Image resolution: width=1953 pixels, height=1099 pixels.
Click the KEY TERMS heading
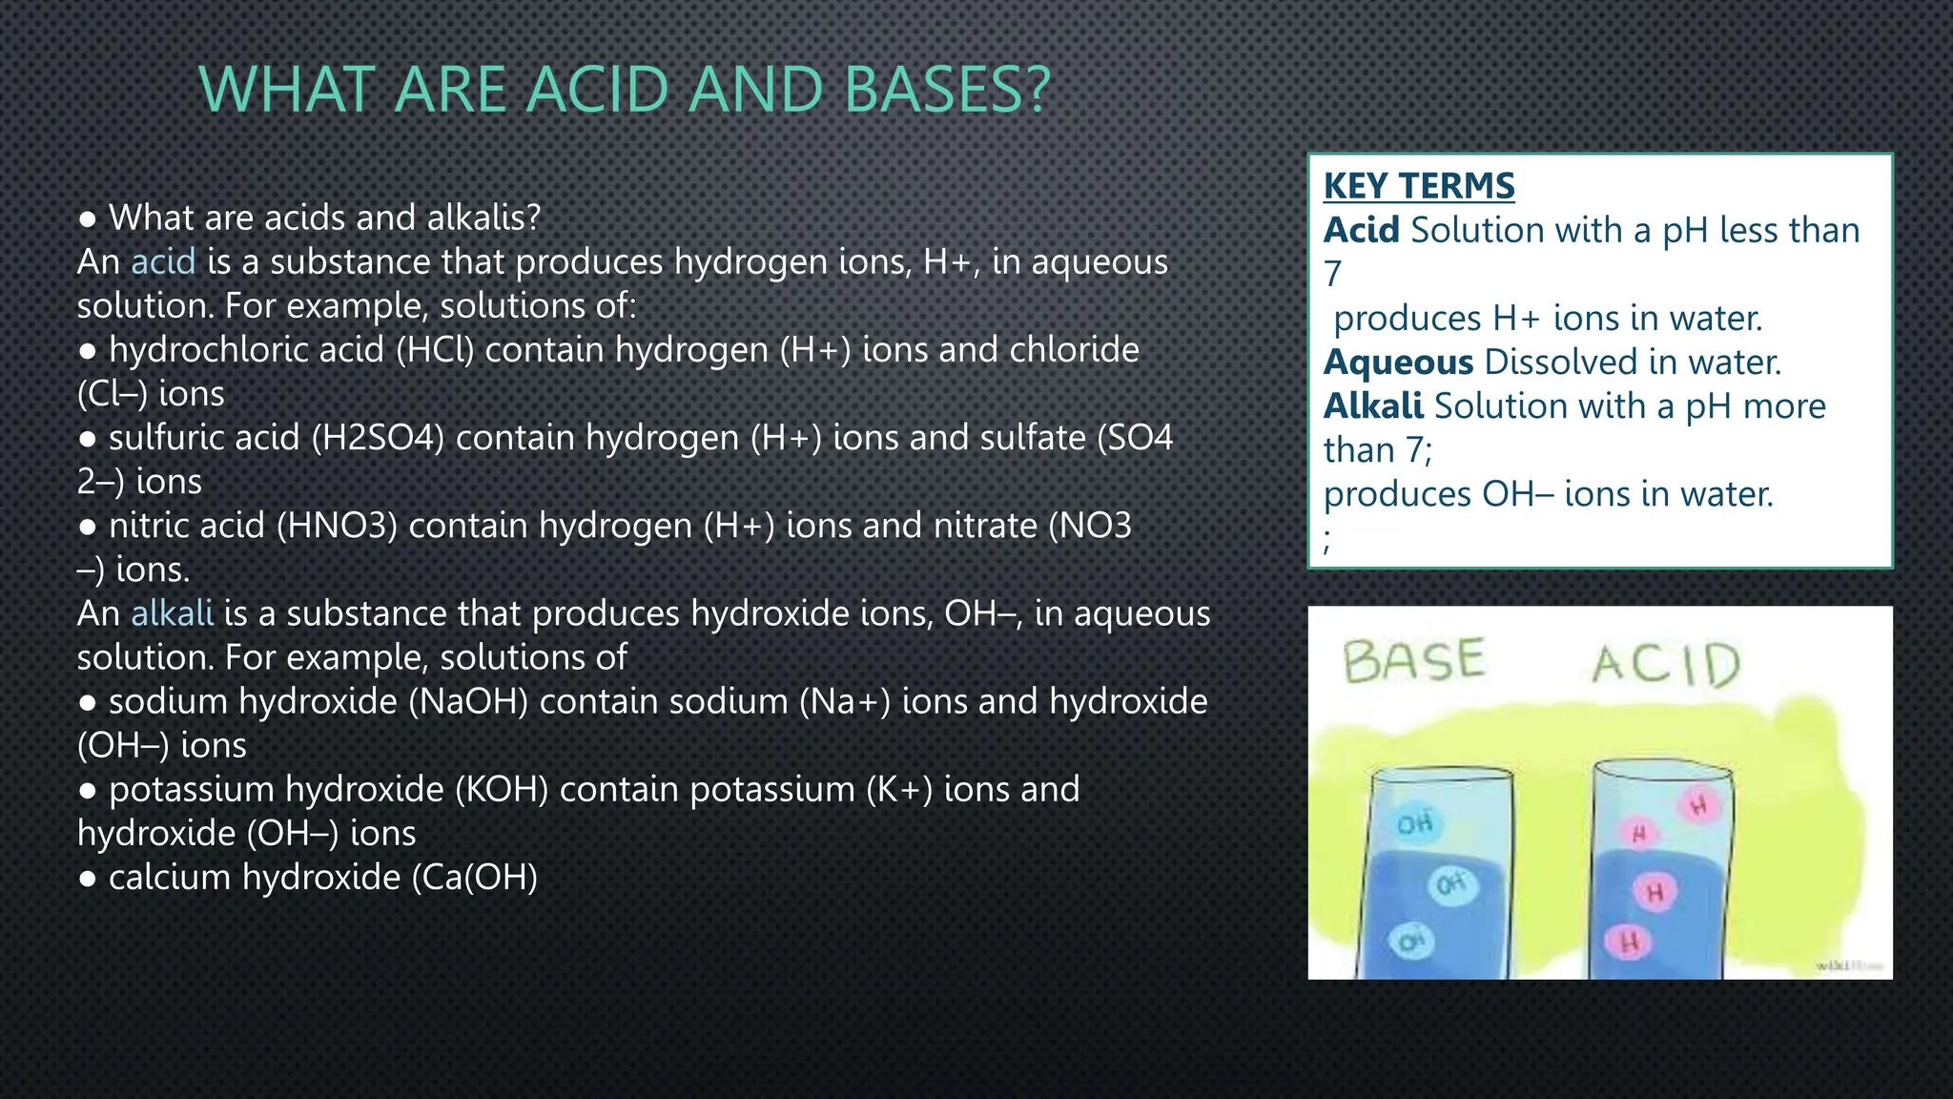(1418, 186)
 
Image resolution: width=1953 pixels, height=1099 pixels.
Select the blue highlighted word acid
(163, 261)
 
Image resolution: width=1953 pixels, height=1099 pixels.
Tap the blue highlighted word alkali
(172, 613)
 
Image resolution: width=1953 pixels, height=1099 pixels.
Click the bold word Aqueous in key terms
(1398, 363)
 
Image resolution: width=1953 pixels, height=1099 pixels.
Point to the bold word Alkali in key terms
(1373, 406)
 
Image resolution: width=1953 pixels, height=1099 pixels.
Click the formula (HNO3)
(337, 526)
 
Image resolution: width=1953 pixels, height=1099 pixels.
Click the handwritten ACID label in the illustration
(1665, 664)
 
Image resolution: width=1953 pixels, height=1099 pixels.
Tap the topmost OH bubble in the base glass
(1415, 822)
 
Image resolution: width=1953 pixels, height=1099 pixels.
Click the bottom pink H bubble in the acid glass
(1630, 943)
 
